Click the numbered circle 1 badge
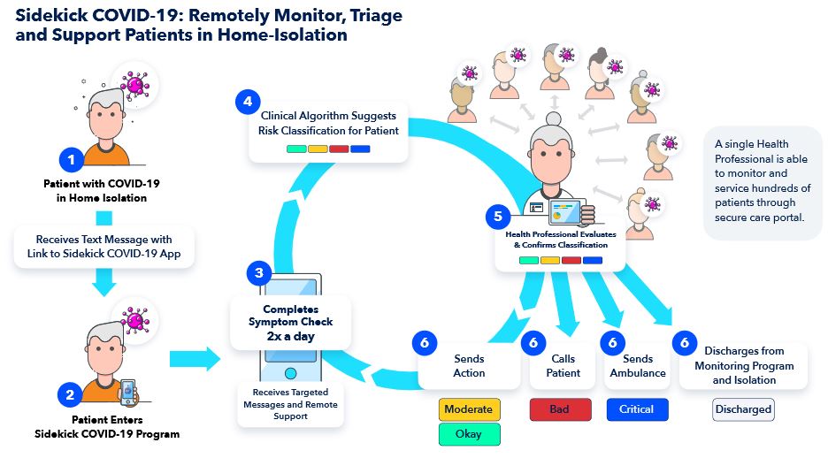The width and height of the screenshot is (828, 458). (x=72, y=160)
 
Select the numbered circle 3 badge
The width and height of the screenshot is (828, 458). (x=258, y=273)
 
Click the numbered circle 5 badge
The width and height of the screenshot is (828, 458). (x=497, y=215)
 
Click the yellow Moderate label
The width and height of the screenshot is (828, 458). (x=470, y=409)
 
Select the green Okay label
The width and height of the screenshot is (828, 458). (x=470, y=434)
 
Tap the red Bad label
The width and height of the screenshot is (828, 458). (x=559, y=409)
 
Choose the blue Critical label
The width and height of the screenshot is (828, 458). (x=636, y=409)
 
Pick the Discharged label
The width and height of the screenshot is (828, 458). (x=743, y=409)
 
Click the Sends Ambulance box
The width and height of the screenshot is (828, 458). (x=632, y=365)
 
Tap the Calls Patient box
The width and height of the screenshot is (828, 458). (x=563, y=365)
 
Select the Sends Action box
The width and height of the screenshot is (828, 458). (x=469, y=365)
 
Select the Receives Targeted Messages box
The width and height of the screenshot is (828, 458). (x=289, y=403)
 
